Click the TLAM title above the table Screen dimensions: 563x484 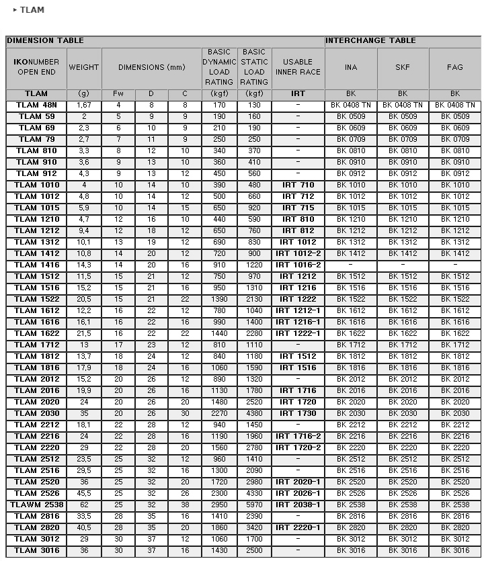(x=32, y=10)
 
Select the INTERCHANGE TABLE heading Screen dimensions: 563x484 (x=370, y=41)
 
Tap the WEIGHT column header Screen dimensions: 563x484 (x=84, y=67)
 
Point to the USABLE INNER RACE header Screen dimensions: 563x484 (x=298, y=67)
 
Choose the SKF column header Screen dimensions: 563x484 (x=403, y=67)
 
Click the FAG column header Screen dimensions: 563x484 (x=455, y=67)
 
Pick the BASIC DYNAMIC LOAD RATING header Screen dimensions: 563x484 (x=219, y=67)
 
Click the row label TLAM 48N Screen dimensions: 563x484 (x=36, y=105)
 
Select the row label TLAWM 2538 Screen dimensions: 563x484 (x=36, y=505)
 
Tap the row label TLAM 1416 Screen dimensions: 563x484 (x=36, y=265)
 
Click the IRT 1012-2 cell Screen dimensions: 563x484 (x=298, y=254)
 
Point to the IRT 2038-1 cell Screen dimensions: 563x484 (x=298, y=505)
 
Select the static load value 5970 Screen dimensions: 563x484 (x=254, y=505)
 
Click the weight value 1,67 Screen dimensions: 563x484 (x=84, y=105)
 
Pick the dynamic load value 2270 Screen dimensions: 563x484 (x=219, y=414)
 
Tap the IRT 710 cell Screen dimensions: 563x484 (x=298, y=185)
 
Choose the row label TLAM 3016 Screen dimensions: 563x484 (x=36, y=550)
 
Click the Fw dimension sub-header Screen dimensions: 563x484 (x=118, y=94)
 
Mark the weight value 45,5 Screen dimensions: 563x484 (x=84, y=493)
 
